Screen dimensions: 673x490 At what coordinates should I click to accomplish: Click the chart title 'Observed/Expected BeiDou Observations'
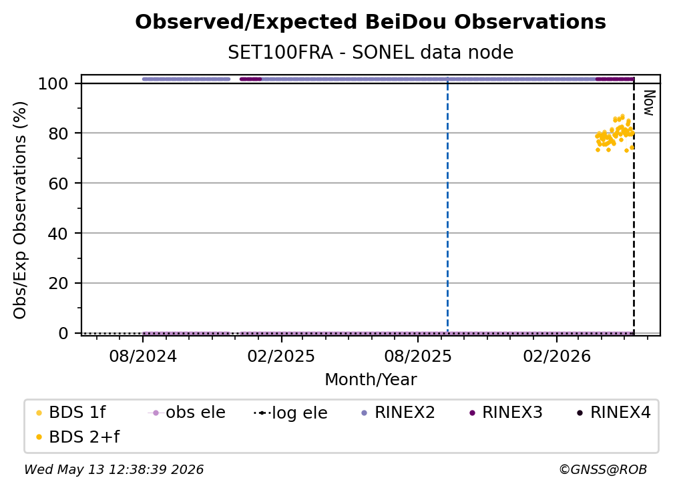tap(371, 22)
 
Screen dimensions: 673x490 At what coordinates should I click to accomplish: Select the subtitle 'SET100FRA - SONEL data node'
tap(371, 52)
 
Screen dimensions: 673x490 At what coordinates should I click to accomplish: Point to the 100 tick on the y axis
tap(53, 83)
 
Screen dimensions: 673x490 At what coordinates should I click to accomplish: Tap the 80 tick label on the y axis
tap(58, 134)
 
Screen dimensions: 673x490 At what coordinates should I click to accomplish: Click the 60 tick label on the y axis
tap(58, 184)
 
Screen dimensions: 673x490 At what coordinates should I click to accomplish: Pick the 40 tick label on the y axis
tap(58, 234)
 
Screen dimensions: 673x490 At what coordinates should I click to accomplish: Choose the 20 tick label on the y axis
tap(58, 284)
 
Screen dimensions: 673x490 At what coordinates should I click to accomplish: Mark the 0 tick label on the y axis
tap(63, 333)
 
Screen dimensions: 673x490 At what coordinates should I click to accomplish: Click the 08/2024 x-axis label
tap(143, 356)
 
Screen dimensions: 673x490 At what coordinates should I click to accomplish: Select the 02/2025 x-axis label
tap(281, 356)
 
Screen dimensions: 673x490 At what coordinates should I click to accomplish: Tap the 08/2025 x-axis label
tap(418, 356)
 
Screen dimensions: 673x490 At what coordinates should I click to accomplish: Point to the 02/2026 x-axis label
tap(557, 356)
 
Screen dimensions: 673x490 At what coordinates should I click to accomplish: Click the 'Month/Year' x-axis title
tap(371, 380)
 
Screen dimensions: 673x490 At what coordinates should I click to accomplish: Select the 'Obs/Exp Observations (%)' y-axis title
tap(20, 210)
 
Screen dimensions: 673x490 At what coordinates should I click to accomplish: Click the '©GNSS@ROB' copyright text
tap(603, 469)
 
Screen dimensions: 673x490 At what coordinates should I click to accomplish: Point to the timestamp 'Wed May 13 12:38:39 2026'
tap(114, 469)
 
